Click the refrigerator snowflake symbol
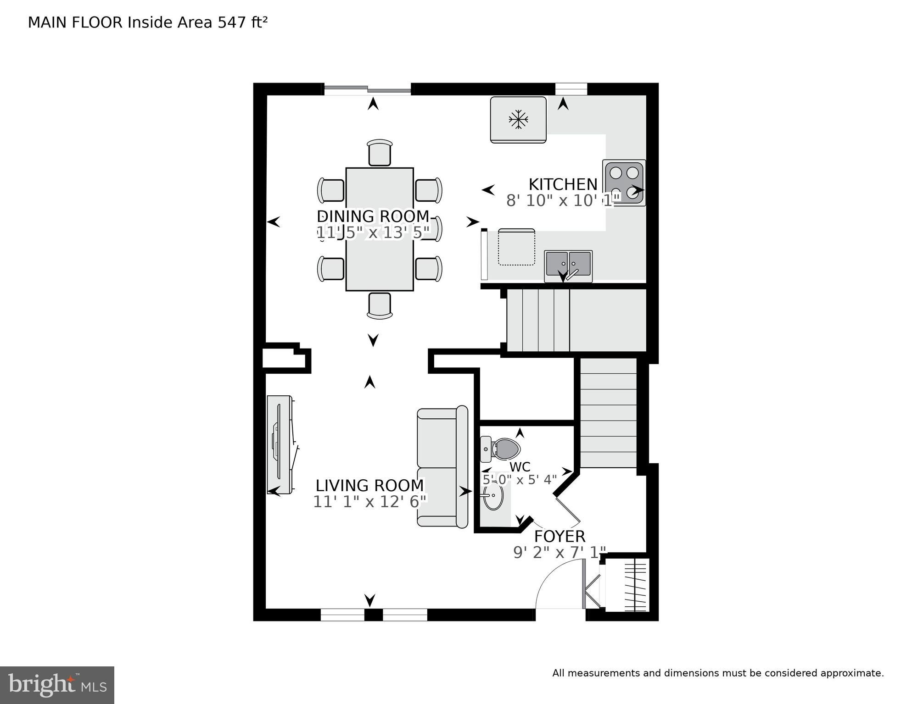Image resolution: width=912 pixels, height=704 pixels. (x=518, y=119)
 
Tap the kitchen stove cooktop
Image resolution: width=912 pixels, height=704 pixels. (x=624, y=183)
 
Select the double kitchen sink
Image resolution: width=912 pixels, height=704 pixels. (x=568, y=266)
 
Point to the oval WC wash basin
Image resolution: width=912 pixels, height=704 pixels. (x=493, y=496)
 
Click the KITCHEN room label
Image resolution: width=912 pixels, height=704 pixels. (x=563, y=184)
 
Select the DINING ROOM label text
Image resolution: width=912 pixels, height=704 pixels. (x=373, y=216)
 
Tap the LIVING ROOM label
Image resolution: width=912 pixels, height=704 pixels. (x=369, y=485)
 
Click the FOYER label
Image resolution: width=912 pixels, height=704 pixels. (x=560, y=536)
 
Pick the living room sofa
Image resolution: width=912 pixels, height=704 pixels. (x=442, y=467)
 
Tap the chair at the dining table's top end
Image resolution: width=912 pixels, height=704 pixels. (x=380, y=153)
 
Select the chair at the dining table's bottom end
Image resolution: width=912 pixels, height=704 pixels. (x=380, y=305)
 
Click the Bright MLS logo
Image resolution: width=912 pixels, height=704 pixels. (x=57, y=685)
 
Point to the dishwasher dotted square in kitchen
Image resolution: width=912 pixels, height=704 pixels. (x=516, y=248)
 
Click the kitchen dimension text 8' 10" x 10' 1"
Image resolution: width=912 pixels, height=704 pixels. (x=563, y=200)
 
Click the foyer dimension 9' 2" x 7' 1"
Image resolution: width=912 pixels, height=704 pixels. (x=560, y=552)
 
